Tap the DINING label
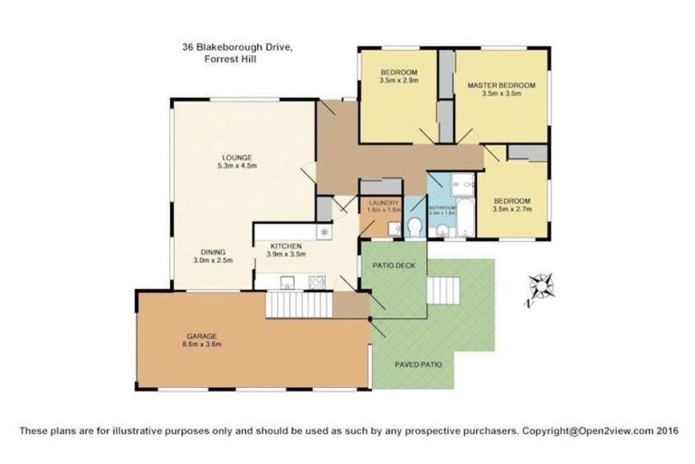click(213, 251)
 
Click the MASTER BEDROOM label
click(501, 85)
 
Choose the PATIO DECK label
click(394, 266)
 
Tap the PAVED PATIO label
click(418, 364)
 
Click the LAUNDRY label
click(377, 203)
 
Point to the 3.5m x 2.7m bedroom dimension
click(511, 208)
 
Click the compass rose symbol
click(541, 286)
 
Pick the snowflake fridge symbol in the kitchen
click(323, 233)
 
